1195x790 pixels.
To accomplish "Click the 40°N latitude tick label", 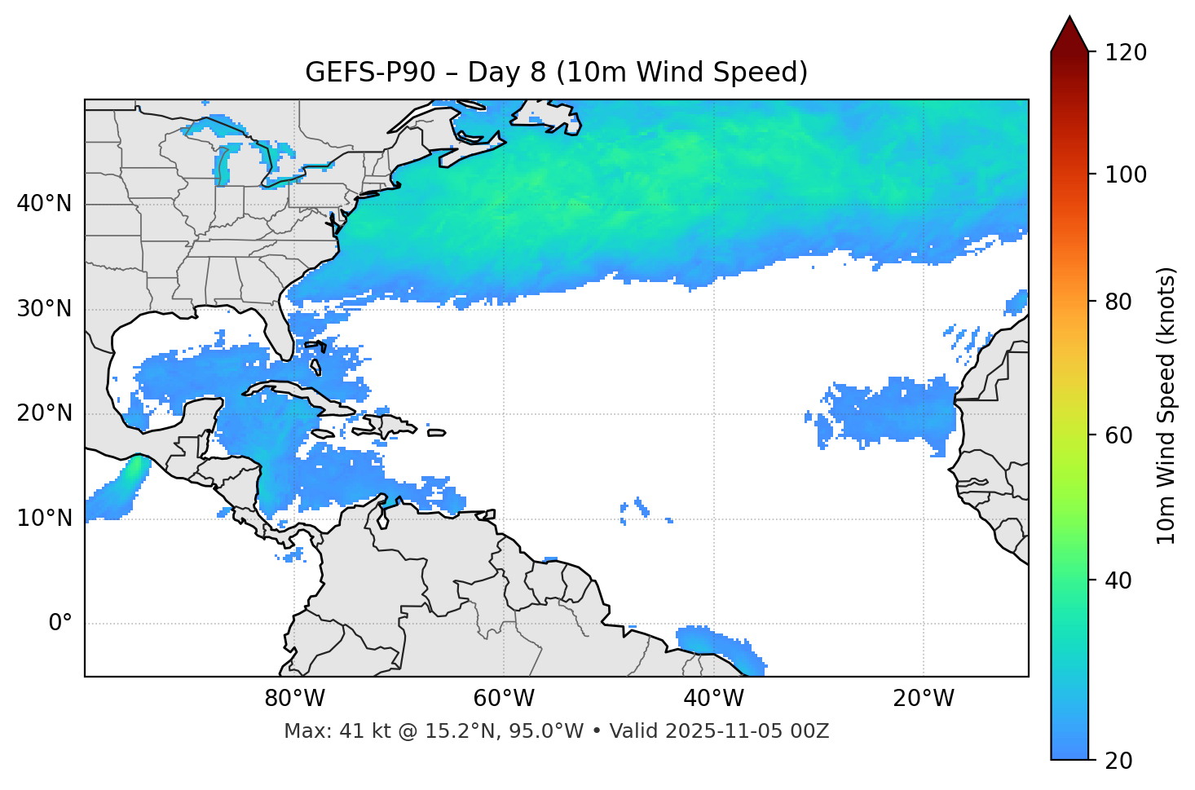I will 44,204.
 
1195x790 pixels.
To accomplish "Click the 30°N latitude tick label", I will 44,309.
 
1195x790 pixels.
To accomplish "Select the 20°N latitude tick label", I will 44,413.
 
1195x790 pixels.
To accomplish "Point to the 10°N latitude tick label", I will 44,519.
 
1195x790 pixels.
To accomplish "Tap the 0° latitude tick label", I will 60,624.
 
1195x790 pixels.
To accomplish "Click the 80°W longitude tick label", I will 294,699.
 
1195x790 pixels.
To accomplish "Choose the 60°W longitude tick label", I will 504,699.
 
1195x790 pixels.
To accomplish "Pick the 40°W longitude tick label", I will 713,699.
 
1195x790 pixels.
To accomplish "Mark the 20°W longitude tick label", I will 923,699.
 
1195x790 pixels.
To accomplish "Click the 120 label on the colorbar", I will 1126,53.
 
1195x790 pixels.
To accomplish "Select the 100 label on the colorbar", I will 1126,174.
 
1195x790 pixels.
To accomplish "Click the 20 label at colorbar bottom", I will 1118,761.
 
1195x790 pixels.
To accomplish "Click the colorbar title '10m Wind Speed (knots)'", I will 1166,405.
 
